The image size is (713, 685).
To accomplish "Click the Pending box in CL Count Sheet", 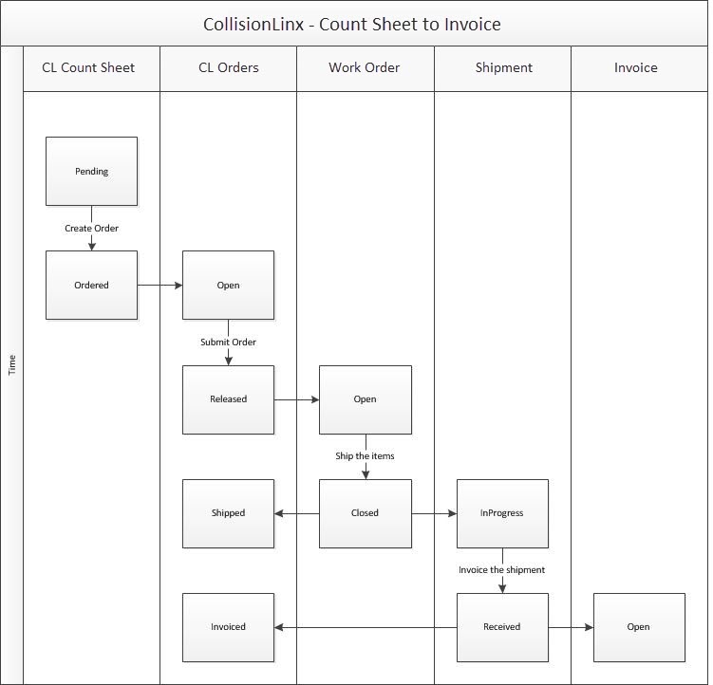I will point(91,172).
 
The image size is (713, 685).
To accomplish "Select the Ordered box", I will point(91,286).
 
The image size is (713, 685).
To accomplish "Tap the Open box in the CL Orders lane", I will point(228,286).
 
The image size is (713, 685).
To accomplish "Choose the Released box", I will point(228,399).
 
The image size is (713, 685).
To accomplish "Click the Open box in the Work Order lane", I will point(365,399).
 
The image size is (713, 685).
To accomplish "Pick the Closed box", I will point(365,513).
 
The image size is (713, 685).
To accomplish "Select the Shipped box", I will point(228,513).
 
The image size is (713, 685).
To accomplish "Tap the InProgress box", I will point(502,513).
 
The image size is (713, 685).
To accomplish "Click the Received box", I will point(502,627).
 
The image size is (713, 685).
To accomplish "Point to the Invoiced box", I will point(228,627).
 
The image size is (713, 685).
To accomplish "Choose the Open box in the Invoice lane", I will point(638,627).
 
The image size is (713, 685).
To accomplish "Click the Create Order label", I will point(91,229).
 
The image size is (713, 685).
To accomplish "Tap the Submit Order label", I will point(228,342).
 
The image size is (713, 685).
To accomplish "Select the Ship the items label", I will point(365,456).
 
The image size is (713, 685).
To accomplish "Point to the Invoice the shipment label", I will point(502,570).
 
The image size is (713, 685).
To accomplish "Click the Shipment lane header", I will point(503,68).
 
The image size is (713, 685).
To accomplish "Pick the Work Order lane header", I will point(365,68).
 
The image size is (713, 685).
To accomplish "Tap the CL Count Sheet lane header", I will point(88,68).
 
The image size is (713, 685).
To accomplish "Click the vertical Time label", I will point(12,364).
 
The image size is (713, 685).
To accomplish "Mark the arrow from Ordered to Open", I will point(159,285).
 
